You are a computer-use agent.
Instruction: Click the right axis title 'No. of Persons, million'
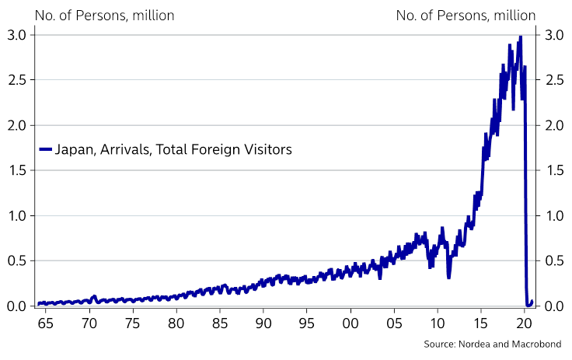coord(466,15)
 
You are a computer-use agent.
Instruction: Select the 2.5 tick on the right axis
coord(554,80)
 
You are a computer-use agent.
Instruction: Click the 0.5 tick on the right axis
coord(554,260)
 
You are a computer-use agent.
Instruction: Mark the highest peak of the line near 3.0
coord(520,37)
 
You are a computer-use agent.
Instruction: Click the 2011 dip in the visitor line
coord(448,277)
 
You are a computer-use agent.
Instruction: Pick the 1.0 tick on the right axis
coord(554,215)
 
